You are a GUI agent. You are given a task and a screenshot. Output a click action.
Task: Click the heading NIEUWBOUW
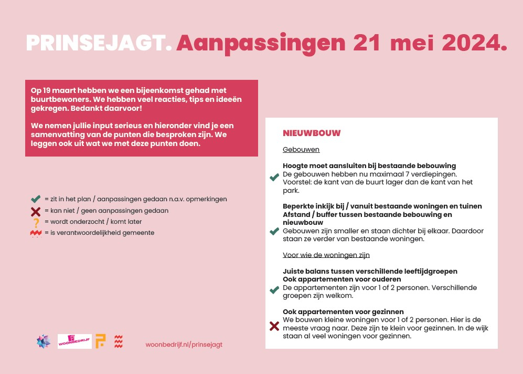pos(312,133)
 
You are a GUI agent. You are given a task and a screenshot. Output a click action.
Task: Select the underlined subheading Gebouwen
pos(301,150)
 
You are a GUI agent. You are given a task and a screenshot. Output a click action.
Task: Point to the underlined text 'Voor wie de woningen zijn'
pos(326,255)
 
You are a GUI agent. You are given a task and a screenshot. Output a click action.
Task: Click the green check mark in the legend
pos(36,199)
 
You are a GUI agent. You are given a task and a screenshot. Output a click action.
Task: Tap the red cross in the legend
pos(36,211)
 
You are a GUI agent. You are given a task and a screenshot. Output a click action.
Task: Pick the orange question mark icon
pos(36,222)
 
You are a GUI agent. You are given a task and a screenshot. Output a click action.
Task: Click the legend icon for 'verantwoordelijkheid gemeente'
pos(36,233)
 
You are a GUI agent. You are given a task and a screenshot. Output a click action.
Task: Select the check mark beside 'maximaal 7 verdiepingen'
pos(274,178)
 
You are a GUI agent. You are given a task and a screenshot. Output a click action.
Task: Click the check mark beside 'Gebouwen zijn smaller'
pos(274,231)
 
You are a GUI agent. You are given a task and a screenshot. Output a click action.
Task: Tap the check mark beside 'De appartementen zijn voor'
pos(274,290)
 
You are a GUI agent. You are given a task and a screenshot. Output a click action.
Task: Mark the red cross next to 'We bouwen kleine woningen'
pos(274,327)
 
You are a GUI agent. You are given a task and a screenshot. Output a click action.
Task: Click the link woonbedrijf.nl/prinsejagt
pos(184,345)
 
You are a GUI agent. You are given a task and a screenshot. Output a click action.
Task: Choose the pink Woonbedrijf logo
pos(74,341)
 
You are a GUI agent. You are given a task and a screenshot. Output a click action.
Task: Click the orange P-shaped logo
pos(100,341)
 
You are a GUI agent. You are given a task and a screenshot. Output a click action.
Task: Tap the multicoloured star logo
pos(44,341)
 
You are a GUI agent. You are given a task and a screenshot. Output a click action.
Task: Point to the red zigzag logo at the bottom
pos(119,341)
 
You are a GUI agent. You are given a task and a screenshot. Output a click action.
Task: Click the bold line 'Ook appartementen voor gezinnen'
pos(343,311)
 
